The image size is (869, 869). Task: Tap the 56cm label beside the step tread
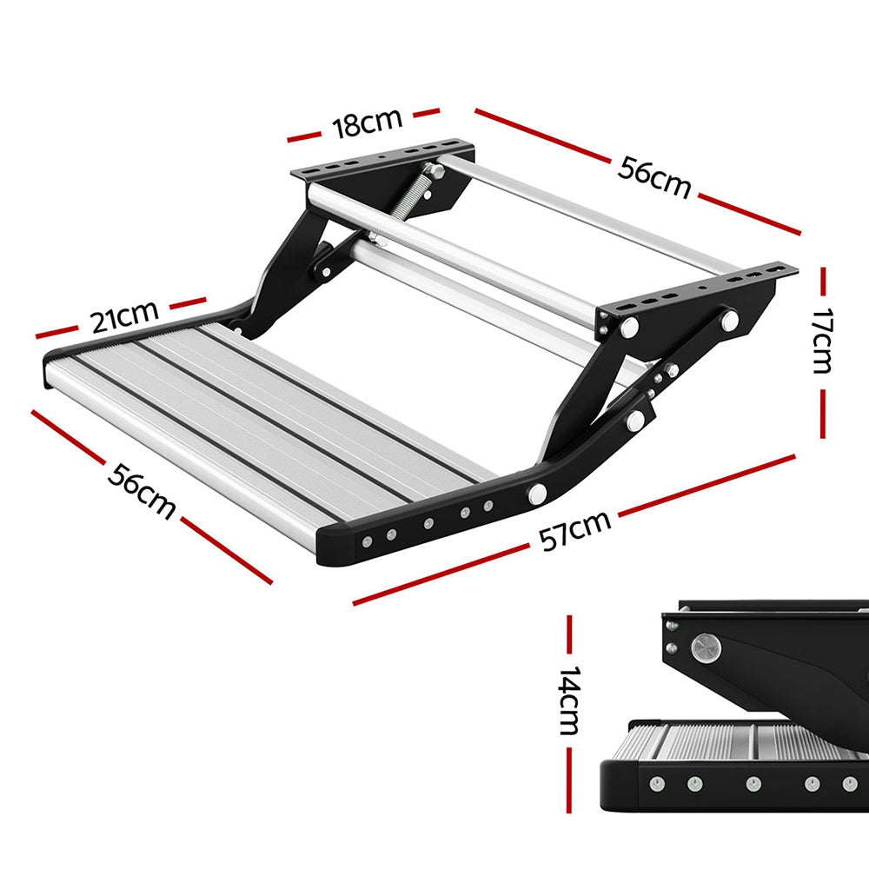point(142,489)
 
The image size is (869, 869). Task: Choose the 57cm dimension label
point(574,532)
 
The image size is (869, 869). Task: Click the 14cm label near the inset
point(568,701)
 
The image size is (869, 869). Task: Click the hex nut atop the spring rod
point(434,170)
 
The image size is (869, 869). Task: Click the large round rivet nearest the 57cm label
point(537,494)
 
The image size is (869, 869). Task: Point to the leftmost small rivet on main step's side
point(367,541)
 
